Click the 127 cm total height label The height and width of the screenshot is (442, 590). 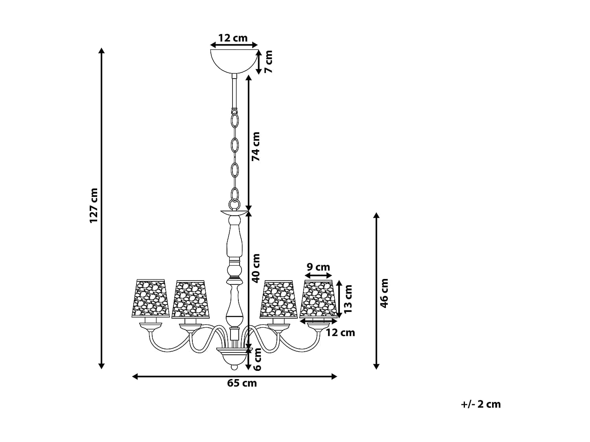point(94,205)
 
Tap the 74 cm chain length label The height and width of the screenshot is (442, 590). point(256,147)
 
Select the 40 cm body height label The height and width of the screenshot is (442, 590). point(256,268)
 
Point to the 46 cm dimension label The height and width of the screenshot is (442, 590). point(384,293)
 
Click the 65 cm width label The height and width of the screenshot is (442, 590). point(242,383)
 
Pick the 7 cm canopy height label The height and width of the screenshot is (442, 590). point(268,62)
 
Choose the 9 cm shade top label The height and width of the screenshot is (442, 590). point(318,267)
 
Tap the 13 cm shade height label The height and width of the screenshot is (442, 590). point(348,299)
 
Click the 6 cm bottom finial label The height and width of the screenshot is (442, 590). point(257,359)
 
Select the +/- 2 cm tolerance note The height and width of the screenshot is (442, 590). point(481,404)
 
